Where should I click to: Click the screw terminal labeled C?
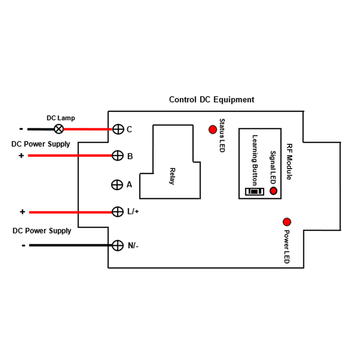[118, 129]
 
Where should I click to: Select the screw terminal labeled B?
[118, 156]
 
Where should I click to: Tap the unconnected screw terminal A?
[117, 185]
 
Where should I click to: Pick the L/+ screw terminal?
[118, 212]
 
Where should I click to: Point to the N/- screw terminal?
[118, 246]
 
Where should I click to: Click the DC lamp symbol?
[59, 129]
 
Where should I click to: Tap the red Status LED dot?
[213, 130]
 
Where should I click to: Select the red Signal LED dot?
[273, 191]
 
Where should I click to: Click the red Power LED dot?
[287, 222]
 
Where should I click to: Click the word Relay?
[172, 176]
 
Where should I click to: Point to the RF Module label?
[289, 162]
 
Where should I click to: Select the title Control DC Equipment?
[211, 100]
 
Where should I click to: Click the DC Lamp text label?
[61, 118]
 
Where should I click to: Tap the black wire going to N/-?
[71, 246]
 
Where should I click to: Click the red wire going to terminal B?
[70, 156]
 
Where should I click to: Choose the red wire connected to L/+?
[71, 212]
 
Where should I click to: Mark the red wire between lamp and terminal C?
[88, 129]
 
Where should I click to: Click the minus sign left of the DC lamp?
[21, 129]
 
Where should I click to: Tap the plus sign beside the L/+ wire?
[22, 211]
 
